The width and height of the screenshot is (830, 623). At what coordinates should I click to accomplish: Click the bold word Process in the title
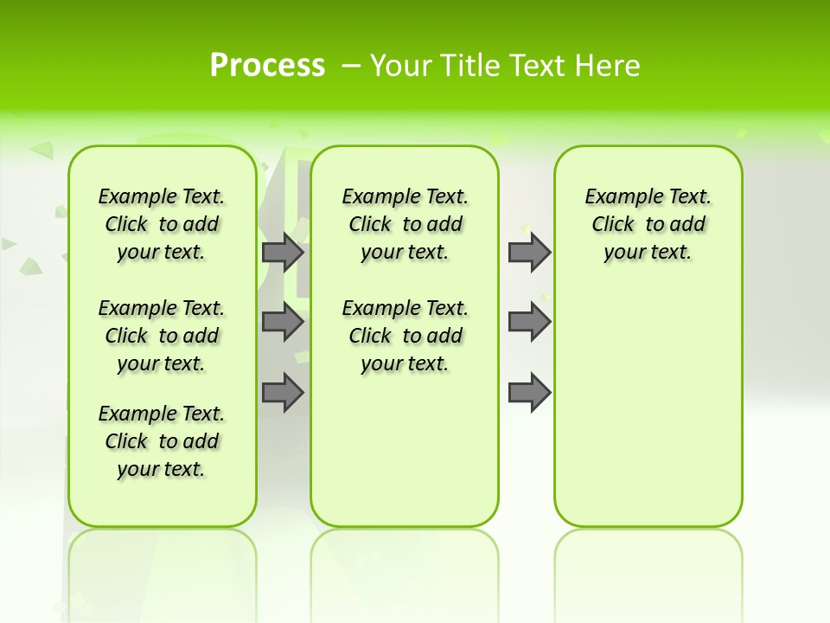[x=267, y=65]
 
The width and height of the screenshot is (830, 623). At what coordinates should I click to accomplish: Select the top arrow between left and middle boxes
[x=283, y=252]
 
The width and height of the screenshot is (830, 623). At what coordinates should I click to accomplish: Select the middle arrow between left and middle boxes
[x=283, y=323]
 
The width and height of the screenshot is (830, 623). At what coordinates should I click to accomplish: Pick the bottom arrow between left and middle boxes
[x=283, y=393]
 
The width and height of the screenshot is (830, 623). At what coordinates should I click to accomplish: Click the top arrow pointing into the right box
[x=529, y=252]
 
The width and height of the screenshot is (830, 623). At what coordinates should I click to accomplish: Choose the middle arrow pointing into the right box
[x=529, y=323]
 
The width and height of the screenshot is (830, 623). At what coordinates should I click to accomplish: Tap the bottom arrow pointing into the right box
[x=529, y=393]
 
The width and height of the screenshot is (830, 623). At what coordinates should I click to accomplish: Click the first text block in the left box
[x=162, y=224]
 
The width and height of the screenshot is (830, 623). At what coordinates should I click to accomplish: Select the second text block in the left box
[x=162, y=336]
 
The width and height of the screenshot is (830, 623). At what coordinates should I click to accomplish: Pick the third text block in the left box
[x=162, y=441]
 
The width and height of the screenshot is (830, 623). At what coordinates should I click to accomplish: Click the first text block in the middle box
[x=405, y=224]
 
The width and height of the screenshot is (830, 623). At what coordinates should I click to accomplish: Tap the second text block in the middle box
[x=405, y=336]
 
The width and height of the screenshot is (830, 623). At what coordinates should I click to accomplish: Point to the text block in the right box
[x=648, y=224]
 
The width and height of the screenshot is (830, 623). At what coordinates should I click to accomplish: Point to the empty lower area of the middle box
[x=405, y=450]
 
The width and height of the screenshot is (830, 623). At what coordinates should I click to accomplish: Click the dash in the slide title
[x=350, y=65]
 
